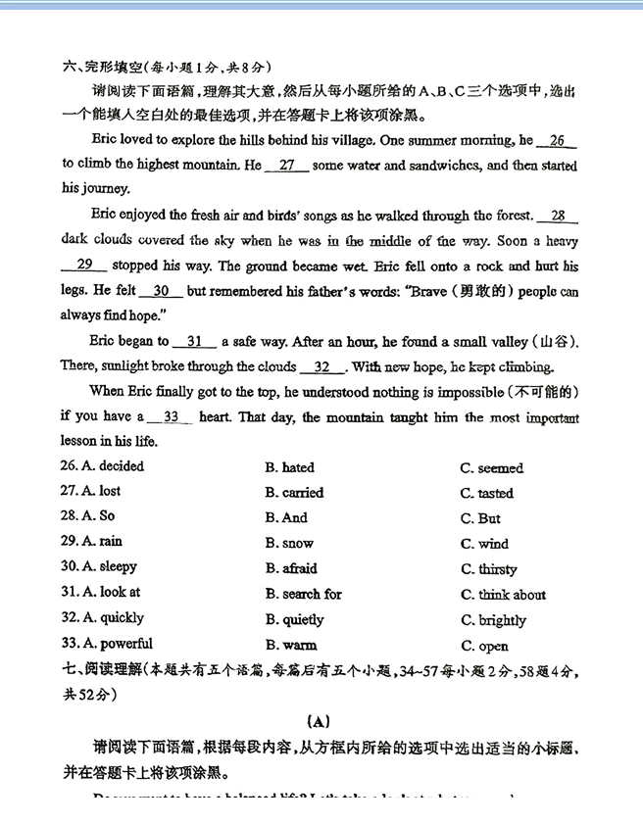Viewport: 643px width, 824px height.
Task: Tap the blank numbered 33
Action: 172,416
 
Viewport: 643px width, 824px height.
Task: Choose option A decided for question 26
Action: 102,466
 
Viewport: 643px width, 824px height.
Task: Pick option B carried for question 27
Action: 294,493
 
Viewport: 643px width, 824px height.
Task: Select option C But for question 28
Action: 480,518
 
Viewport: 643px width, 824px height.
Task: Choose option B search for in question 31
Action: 304,594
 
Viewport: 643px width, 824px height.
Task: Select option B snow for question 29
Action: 289,543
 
